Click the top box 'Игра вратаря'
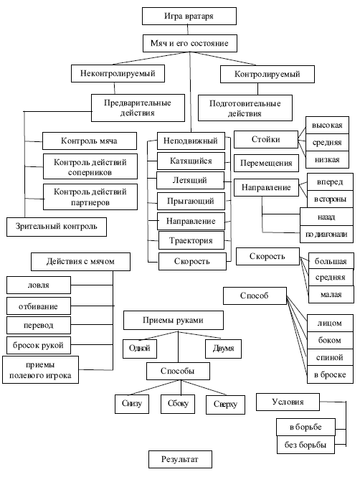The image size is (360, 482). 189,16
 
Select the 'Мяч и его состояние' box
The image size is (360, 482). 190,43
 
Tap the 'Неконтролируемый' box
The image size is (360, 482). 118,73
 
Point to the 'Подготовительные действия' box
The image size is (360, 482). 245,108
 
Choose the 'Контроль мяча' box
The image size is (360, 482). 90,141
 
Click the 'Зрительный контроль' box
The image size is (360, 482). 57,227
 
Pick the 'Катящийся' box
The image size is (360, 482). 191,161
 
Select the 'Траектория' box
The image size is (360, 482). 191,240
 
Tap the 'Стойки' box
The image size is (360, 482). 266,140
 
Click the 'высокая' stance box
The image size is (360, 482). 327,125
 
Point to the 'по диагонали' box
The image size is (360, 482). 326,235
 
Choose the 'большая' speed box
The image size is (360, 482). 331,261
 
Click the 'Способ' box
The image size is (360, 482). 255,296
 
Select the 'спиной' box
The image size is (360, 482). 330,357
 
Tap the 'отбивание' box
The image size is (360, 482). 39,306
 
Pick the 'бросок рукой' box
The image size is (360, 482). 39,345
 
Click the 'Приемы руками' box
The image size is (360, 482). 174,321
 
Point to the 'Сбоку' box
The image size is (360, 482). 178,404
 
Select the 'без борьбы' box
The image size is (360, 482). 305,445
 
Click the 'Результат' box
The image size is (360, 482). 180,460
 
